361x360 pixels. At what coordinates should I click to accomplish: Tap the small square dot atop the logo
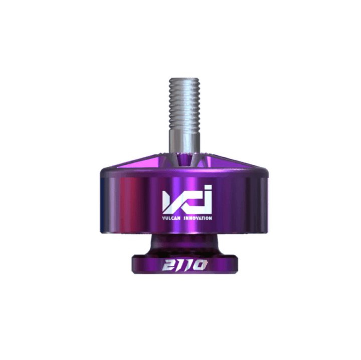tap(208, 187)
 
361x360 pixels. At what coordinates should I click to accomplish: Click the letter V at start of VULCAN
tap(163, 218)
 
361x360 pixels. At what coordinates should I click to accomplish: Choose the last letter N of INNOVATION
tap(211, 218)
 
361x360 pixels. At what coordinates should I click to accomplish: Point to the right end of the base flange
tap(236, 264)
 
